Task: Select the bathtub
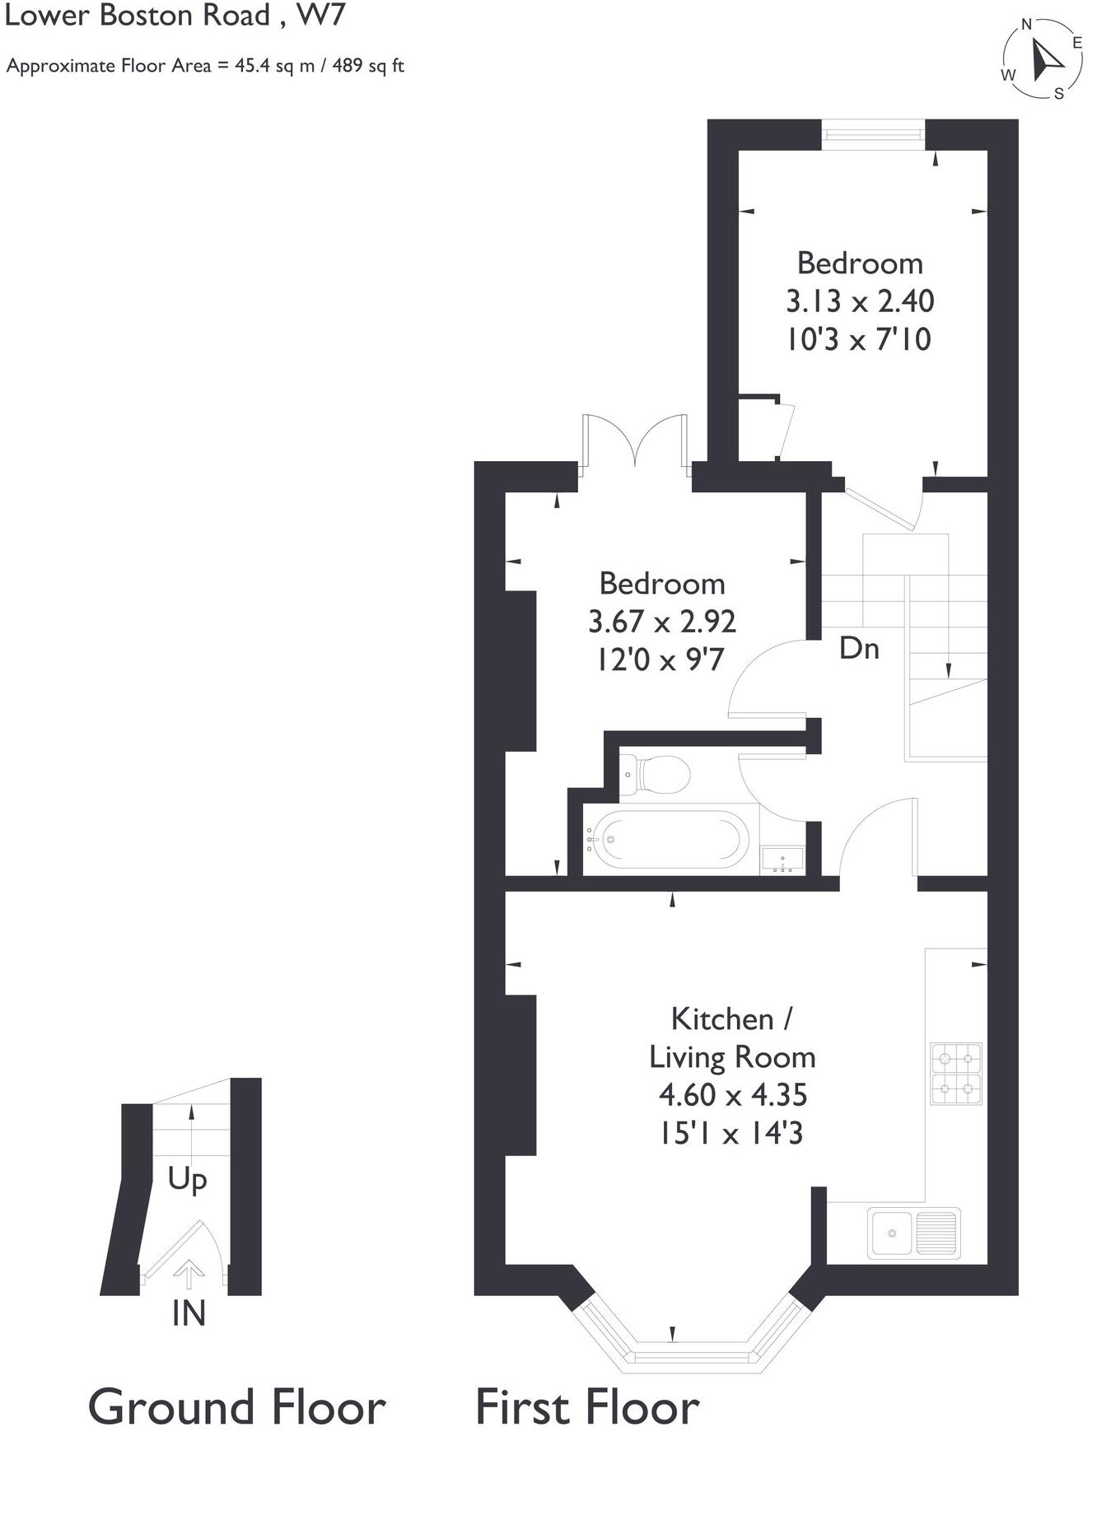click(x=667, y=839)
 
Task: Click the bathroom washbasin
click(x=782, y=860)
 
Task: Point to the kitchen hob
click(x=956, y=1074)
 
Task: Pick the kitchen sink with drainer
click(x=914, y=1233)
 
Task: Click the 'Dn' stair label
click(x=859, y=649)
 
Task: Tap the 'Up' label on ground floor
click(x=187, y=1180)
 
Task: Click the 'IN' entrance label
click(x=189, y=1313)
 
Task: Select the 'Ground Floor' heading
click(x=236, y=1407)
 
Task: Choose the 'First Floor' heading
click(x=587, y=1407)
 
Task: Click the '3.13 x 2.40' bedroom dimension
click(x=860, y=301)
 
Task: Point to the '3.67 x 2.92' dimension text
click(x=661, y=622)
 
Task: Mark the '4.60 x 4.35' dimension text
click(x=732, y=1095)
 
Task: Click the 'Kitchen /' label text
click(x=731, y=1019)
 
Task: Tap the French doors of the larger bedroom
click(x=634, y=445)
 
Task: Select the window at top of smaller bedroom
click(x=873, y=134)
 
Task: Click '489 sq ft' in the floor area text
click(x=368, y=66)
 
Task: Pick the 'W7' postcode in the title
click(x=321, y=16)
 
